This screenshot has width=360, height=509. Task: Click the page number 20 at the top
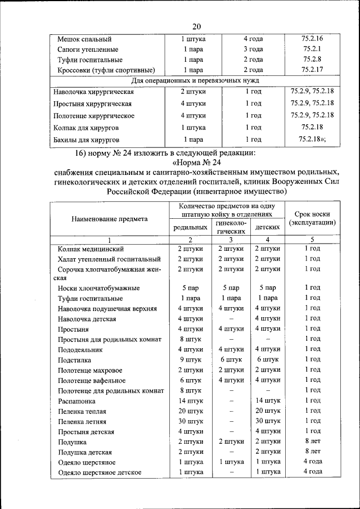point(196,26)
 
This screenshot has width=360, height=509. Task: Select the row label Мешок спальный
point(84,39)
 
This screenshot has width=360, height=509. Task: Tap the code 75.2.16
point(312,39)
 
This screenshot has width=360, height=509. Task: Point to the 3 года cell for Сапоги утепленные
point(253,49)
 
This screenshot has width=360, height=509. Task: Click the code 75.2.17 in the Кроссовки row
point(312,70)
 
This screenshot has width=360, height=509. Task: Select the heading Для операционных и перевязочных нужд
point(195,80)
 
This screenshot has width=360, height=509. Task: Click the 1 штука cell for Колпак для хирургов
point(193,128)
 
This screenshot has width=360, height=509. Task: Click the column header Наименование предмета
point(110,219)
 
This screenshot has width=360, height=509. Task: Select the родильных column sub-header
point(188,228)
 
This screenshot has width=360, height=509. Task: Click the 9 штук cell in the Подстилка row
point(190,359)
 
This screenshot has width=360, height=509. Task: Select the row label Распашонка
point(76,401)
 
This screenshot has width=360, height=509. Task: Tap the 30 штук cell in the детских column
point(268,421)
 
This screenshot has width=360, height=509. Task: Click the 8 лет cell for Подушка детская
point(312,452)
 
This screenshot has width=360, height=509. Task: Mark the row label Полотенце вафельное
point(92,380)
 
